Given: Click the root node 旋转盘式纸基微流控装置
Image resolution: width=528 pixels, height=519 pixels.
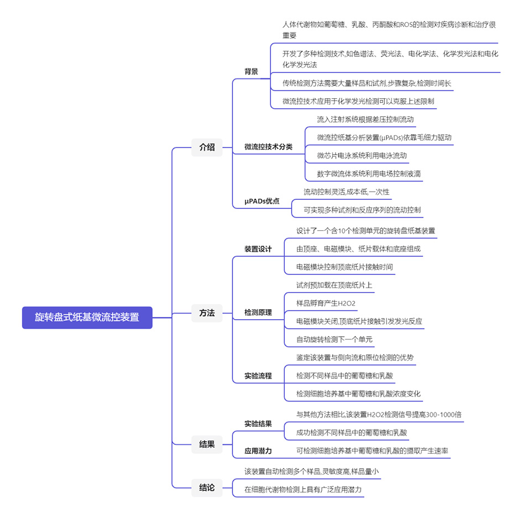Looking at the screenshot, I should tap(87, 317).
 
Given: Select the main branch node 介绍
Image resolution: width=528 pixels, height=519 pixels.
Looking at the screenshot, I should tap(207, 147).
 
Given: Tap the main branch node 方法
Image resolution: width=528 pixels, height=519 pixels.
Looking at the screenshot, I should tap(207, 313).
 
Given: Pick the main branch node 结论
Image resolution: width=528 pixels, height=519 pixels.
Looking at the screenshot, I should tap(207, 488).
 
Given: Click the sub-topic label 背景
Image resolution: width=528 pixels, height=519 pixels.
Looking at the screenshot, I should tap(252, 72).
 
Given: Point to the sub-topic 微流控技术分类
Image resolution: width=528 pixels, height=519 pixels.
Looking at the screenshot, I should tap(269, 147).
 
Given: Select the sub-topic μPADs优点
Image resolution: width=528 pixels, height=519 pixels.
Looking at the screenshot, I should tap(262, 202).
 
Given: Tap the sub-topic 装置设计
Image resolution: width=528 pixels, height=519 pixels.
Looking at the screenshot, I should tap(258, 249).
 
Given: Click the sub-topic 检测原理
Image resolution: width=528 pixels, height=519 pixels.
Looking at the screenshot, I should tap(258, 313).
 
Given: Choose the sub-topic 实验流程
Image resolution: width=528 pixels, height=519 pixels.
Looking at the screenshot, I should tap(258, 376).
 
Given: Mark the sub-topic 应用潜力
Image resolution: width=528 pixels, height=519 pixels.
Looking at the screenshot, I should tap(258, 451).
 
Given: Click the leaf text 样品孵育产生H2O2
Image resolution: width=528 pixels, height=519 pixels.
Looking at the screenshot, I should tap(326, 303).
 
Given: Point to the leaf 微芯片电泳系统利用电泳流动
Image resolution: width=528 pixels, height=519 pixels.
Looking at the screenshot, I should tap(362, 156).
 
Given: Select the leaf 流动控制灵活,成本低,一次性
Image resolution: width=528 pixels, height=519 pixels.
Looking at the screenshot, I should tap(346, 192).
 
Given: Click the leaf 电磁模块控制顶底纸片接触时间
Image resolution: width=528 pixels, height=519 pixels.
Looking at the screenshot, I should tap(344, 267).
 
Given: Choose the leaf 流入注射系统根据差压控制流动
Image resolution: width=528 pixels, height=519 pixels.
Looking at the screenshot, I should tap(365, 119).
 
